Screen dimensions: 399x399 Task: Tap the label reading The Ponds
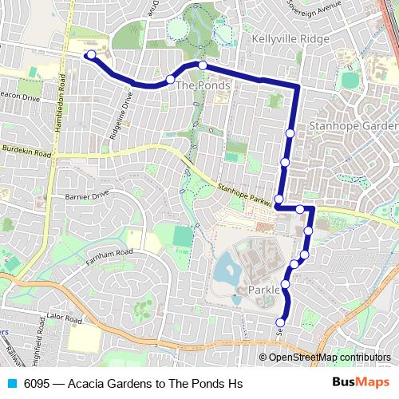pyautogui.click(x=203, y=85)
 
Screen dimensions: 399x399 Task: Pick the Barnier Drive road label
pyautogui.click(x=85, y=195)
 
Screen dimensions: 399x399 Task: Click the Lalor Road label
pyautogui.click(x=65, y=317)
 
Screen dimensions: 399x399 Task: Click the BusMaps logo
pyautogui.click(x=360, y=383)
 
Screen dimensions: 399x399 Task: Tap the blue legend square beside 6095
pyautogui.click(x=10, y=383)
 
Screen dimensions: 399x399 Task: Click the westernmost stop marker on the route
pyautogui.click(x=90, y=55)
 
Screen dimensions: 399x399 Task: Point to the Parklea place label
pyautogui.click(x=264, y=290)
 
